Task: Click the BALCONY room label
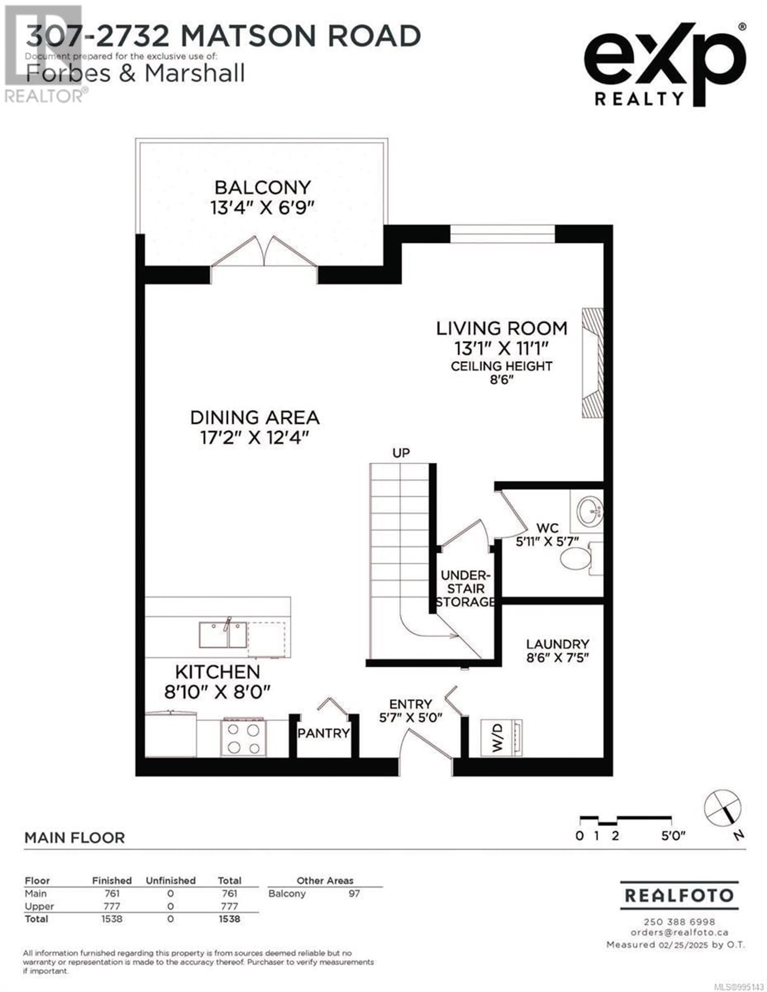click(262, 187)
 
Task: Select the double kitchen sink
click(223, 635)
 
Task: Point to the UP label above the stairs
click(401, 453)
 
